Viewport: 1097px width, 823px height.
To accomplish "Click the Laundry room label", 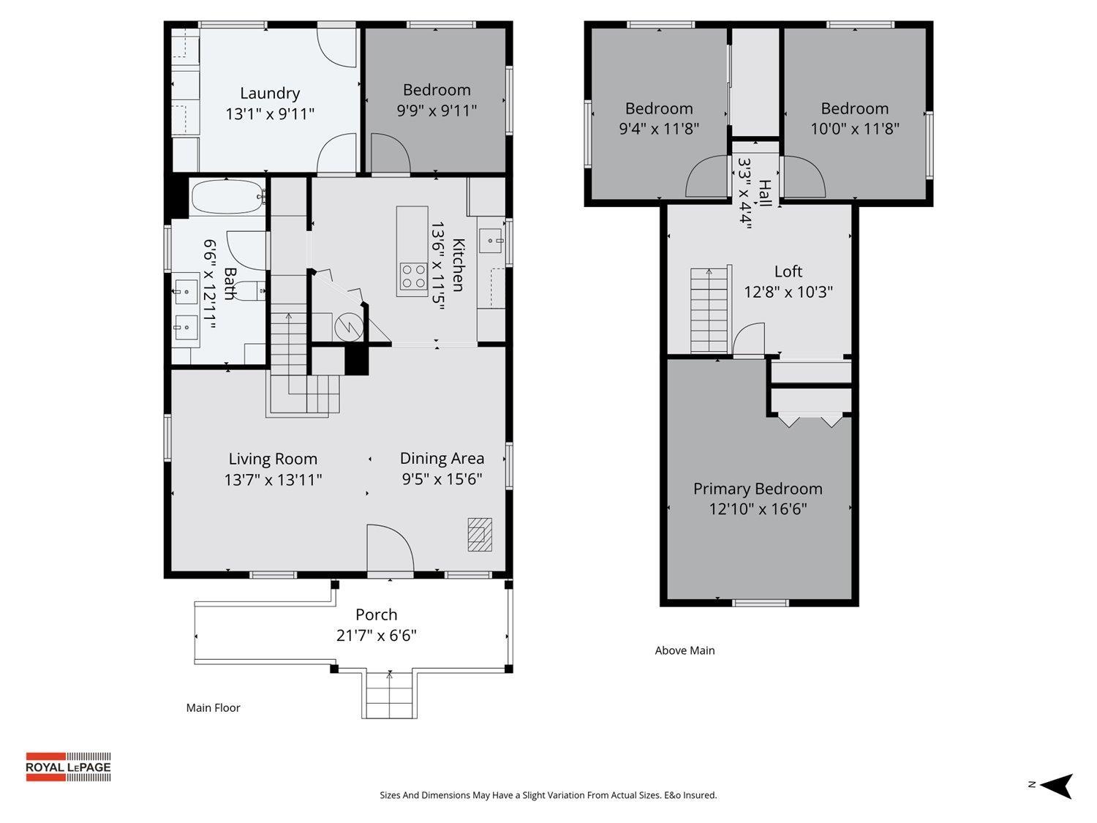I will [270, 94].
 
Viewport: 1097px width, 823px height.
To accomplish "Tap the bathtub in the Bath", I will [227, 196].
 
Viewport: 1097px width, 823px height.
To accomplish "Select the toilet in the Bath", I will [252, 290].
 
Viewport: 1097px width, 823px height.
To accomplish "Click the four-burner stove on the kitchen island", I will [412, 277].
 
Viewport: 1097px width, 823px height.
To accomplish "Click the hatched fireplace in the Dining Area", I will [480, 534].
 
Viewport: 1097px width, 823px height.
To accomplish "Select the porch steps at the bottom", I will [389, 695].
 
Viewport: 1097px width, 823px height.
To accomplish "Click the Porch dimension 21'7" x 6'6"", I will [376, 635].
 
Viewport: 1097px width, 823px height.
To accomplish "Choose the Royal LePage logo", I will [68, 767].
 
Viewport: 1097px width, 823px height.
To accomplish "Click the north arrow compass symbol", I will [1055, 786].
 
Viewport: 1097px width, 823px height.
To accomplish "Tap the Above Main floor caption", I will [685, 650].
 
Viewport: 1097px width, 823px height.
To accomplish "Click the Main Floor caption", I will [213, 707].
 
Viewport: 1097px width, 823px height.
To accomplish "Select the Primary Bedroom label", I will [758, 489].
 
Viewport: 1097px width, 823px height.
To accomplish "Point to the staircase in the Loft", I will [709, 309].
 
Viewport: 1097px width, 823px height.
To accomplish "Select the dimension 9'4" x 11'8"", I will [658, 129].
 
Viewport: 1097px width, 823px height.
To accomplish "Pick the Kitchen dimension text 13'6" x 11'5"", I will [438, 266].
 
